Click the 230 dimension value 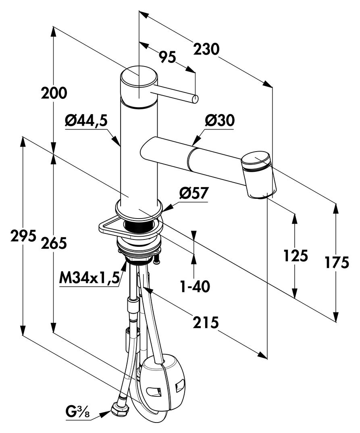coord(206,49)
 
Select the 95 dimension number coord(167,57)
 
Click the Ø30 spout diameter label coord(220,121)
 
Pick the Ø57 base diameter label coord(193,193)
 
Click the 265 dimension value coord(54,243)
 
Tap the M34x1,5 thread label coord(89,277)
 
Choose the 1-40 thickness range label coord(195,287)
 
